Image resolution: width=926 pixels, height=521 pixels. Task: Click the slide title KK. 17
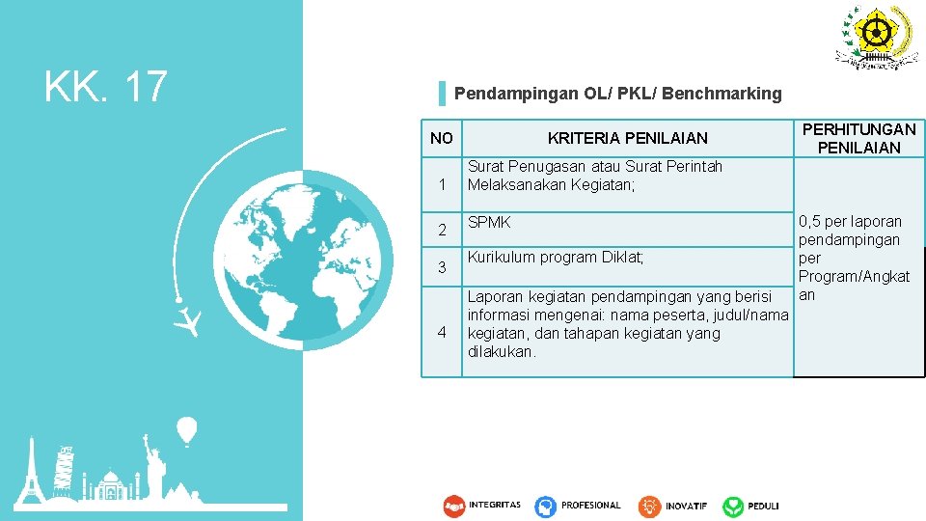tap(106, 87)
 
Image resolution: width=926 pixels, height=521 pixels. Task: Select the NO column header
tap(442, 138)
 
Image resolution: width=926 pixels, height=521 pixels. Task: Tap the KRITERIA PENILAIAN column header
tap(627, 138)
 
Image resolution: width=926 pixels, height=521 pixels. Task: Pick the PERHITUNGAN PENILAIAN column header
tap(858, 138)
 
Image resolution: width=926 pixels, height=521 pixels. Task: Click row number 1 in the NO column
tap(442, 184)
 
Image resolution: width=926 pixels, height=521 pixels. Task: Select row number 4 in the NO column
tap(442, 332)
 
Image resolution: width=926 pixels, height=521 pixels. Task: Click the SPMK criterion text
tap(489, 223)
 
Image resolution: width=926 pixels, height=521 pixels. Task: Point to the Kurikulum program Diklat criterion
tap(555, 257)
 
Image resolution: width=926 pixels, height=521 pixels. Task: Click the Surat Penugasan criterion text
tap(594, 175)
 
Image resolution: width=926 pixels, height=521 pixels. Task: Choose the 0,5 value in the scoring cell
tap(811, 221)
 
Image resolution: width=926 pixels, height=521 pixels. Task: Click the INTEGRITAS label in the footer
tap(494, 505)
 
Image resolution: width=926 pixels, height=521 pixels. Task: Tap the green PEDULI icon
tap(734, 506)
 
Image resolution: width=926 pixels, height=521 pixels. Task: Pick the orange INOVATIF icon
tap(649, 506)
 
